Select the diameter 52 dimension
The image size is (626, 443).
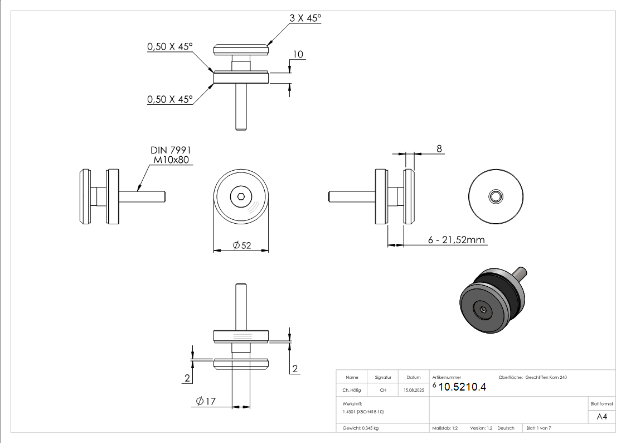pos(242,245)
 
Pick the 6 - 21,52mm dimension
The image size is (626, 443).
pos(457,240)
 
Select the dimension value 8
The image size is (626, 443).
pos(439,148)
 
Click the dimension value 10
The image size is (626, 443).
pos(298,54)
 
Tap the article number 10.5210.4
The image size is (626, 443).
pos(462,387)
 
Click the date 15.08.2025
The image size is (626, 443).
pos(414,391)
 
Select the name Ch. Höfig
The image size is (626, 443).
pos(351,391)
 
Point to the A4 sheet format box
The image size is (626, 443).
pos(601,416)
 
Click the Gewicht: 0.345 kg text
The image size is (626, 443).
pos(360,428)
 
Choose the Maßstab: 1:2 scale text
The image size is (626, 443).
pos(445,428)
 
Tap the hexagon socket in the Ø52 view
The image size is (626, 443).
pos(241,196)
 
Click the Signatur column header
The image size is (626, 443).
pos(383,378)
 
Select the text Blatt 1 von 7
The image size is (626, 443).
pos(538,428)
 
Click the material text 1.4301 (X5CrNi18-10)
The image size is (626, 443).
pos(363,411)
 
